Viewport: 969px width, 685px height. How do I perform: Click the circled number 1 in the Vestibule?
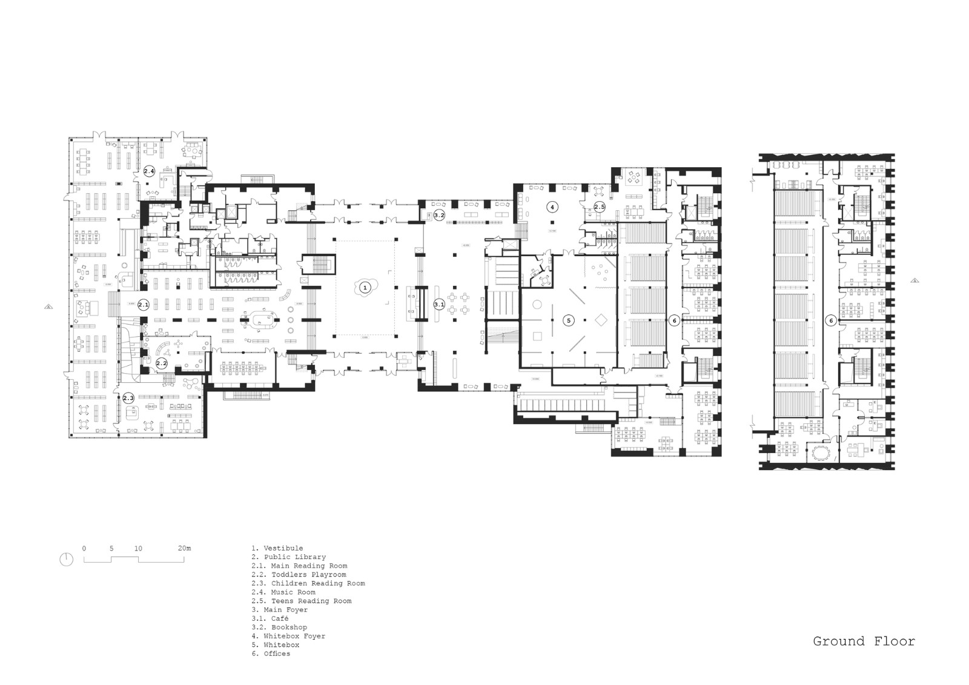click(364, 288)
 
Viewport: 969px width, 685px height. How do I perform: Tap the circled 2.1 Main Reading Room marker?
click(144, 305)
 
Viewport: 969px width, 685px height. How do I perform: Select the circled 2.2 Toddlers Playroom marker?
click(162, 364)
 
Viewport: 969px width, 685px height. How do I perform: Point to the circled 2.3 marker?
click(128, 398)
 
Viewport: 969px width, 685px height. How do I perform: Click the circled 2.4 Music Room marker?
click(149, 171)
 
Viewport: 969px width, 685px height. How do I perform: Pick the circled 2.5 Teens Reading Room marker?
click(599, 207)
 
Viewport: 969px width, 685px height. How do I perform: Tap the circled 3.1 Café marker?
click(439, 305)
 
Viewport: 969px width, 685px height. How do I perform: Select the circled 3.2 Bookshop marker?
click(439, 214)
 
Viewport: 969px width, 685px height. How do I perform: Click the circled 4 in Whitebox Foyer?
click(552, 207)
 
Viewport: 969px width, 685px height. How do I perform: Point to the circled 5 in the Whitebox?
click(568, 320)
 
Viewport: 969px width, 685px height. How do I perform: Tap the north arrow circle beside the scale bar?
click(67, 560)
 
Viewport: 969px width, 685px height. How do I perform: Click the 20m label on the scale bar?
click(184, 548)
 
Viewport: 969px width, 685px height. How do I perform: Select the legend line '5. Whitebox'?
click(276, 645)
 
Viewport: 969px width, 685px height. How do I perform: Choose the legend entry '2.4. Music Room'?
click(283, 592)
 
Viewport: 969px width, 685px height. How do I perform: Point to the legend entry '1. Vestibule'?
click(277, 548)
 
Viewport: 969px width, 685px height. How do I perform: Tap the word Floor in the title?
click(895, 641)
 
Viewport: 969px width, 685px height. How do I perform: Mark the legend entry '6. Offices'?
click(271, 654)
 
